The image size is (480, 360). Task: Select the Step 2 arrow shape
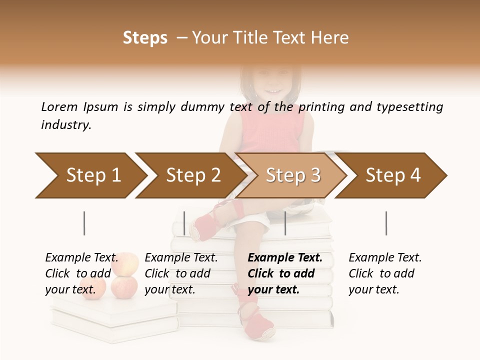click(x=190, y=175)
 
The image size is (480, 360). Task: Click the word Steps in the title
click(x=145, y=38)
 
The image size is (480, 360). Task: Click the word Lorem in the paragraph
click(x=59, y=106)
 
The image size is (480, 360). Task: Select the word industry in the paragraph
click(x=65, y=125)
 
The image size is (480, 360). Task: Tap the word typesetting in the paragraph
click(x=409, y=106)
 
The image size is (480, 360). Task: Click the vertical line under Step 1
click(x=84, y=223)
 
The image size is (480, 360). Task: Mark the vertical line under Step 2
click(x=184, y=223)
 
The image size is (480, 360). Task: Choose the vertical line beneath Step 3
click(x=285, y=223)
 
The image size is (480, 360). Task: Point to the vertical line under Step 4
click(x=386, y=223)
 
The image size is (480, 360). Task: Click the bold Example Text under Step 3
click(x=285, y=258)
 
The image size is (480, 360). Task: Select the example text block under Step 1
click(x=81, y=273)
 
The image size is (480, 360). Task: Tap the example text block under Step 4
click(x=385, y=273)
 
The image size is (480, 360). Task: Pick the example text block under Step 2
click(x=181, y=273)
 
